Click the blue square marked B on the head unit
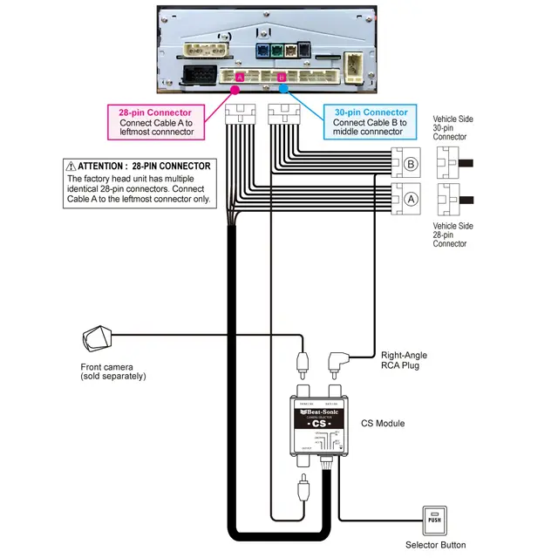click(282, 78)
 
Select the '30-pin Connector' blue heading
click(371, 112)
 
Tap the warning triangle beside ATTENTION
click(70, 166)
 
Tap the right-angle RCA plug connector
click(337, 360)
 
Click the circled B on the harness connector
click(410, 162)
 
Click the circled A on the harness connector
click(410, 198)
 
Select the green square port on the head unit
click(278, 51)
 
